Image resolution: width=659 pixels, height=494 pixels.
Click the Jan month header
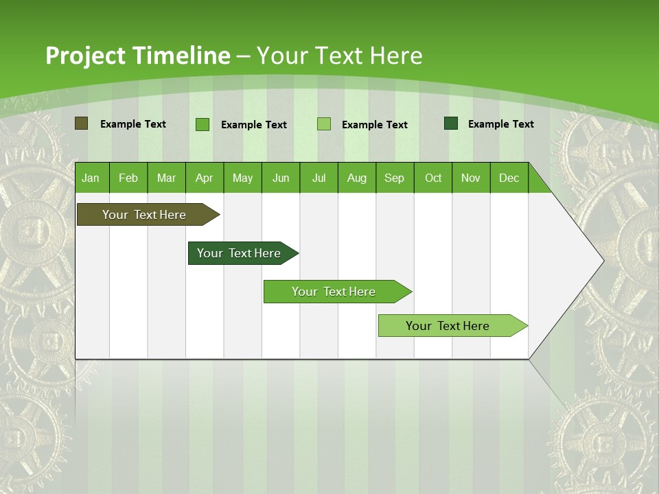[91, 178]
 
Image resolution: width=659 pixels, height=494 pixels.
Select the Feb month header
[128, 178]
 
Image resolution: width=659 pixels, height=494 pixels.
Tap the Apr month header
[204, 178]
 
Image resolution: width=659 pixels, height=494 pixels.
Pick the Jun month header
[281, 178]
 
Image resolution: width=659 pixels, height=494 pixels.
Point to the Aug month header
[356, 178]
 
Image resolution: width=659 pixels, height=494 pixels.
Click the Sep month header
[394, 178]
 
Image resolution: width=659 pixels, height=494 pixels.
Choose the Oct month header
[433, 178]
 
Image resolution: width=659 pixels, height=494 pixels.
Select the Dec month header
[509, 178]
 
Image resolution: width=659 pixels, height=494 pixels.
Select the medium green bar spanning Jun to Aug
[334, 292]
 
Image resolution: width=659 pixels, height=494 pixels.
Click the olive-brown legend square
[81, 123]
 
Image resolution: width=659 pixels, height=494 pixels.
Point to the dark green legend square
[451, 123]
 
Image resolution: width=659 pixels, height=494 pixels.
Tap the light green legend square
[324, 124]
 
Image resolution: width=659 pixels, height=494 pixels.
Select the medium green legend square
[203, 124]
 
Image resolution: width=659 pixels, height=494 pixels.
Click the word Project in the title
[85, 56]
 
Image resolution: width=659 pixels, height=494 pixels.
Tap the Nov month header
[471, 178]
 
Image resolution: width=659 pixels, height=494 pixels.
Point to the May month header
[242, 178]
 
